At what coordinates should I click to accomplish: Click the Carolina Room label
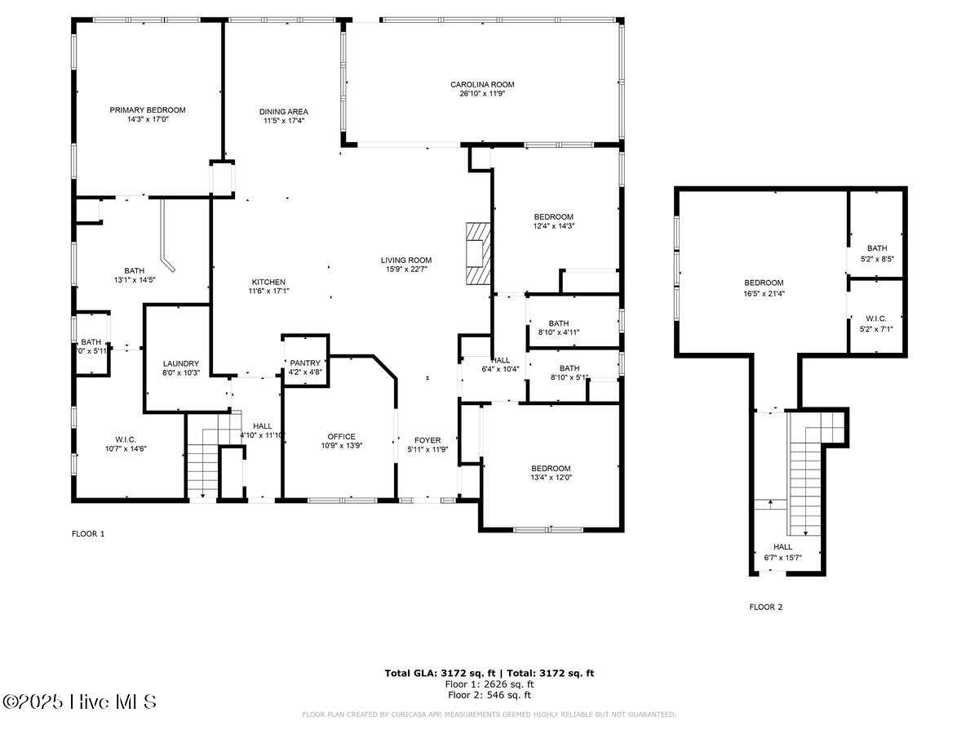[482, 84]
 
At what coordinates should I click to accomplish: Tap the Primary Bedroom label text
[148, 109]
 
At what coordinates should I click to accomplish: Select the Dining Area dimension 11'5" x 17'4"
[284, 121]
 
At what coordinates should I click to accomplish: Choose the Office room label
[341, 436]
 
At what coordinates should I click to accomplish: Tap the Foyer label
[427, 439]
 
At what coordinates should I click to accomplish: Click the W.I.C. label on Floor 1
[126, 439]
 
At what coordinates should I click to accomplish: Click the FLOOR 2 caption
[766, 607]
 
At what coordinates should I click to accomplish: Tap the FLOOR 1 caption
[89, 533]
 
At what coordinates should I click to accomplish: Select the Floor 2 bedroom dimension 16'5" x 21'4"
[764, 293]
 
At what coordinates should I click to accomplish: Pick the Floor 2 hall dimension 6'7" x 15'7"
[782, 558]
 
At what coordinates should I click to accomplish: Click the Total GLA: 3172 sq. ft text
[434, 673]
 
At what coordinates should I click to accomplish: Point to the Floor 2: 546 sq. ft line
[489, 695]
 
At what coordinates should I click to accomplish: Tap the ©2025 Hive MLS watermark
[79, 702]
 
